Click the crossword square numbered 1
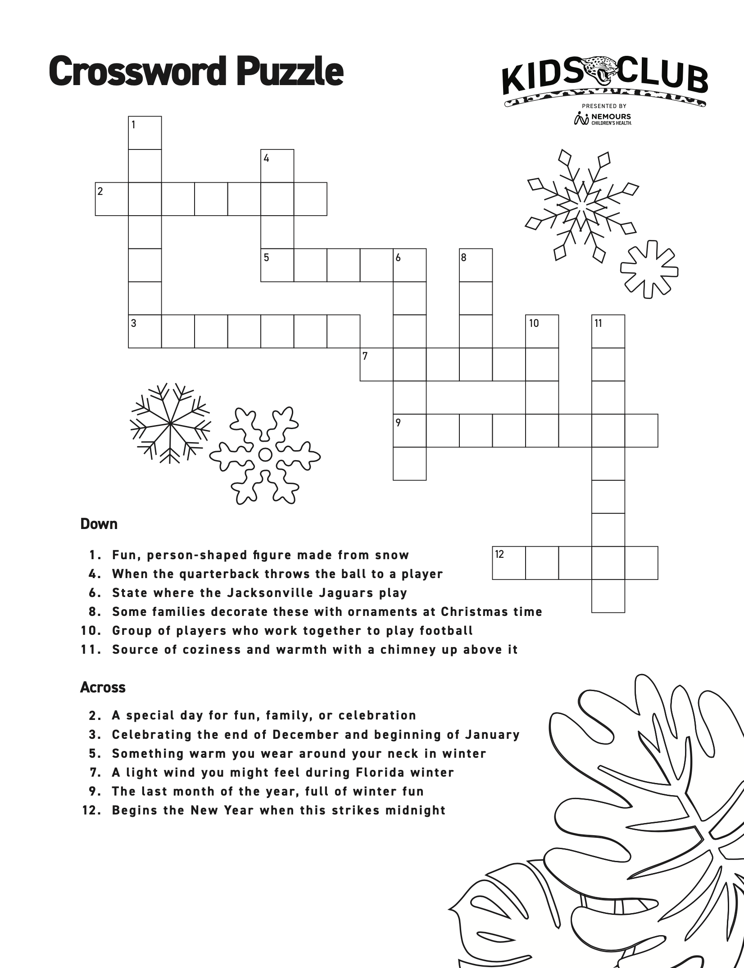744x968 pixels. point(145,133)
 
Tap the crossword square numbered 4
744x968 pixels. point(277,166)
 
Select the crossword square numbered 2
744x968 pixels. point(112,199)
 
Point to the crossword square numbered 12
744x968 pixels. point(509,563)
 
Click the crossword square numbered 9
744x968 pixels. point(409,430)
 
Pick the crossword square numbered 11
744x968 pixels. point(608,331)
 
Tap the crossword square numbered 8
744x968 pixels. point(476,265)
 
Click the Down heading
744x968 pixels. point(99,524)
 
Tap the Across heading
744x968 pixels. point(103,688)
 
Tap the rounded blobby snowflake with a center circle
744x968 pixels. point(265,455)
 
